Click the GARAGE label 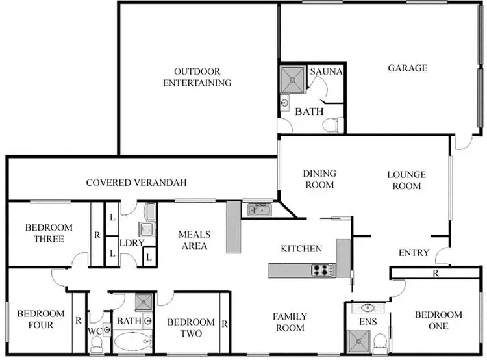point(408,68)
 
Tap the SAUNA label point(326,71)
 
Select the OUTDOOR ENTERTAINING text point(197,77)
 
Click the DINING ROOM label point(319,179)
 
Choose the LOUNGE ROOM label point(406,180)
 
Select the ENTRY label point(414,253)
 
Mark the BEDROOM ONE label point(438,320)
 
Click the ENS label point(368,320)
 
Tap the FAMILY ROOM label point(290,322)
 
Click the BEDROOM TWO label point(191,328)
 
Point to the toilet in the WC point(97,348)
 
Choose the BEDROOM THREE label point(49,233)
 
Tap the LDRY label point(127,243)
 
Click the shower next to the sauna point(291,78)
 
